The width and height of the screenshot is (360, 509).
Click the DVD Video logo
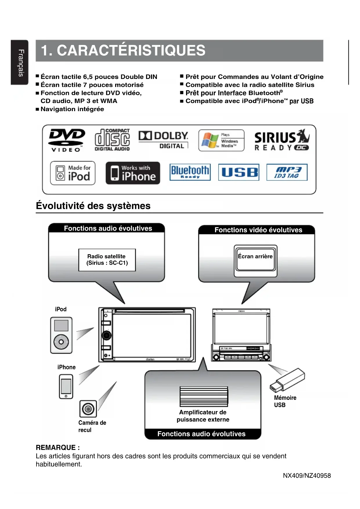[x=67, y=140]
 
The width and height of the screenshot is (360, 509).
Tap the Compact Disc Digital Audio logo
[x=112, y=140]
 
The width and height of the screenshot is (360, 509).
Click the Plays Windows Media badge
[x=221, y=140]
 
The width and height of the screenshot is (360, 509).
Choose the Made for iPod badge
[x=73, y=173]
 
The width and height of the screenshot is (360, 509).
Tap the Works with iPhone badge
[x=133, y=173]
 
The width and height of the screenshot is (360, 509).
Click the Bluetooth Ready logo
[x=190, y=172]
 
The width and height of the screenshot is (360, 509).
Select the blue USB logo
[x=239, y=172]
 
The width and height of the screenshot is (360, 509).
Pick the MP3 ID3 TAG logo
[x=287, y=172]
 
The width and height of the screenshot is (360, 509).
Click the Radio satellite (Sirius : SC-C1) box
[x=107, y=260]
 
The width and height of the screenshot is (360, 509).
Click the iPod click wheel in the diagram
[x=61, y=342]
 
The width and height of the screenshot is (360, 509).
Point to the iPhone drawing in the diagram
[x=66, y=386]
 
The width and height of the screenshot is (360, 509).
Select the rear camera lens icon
[x=88, y=409]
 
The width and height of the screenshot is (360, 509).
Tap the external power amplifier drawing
[x=204, y=396]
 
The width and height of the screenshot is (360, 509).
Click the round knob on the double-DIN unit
[x=106, y=335]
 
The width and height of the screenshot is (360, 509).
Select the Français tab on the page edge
[x=20, y=62]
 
